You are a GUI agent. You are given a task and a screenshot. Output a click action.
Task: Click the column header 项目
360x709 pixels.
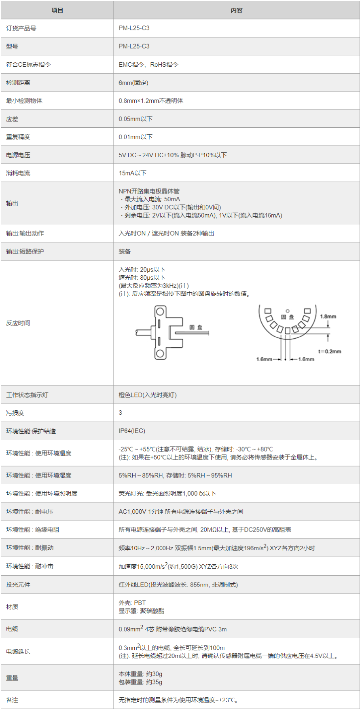coord(57,11)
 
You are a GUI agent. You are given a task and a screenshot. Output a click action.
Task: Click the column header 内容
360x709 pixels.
coord(237,11)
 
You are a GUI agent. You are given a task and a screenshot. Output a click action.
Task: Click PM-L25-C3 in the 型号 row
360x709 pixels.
coord(134,46)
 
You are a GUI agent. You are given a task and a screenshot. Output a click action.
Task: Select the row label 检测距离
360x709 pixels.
coord(18,82)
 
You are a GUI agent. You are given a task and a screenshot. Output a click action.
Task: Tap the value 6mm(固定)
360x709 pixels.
coord(133,82)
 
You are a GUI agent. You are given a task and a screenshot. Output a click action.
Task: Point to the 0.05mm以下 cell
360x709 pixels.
coord(136,119)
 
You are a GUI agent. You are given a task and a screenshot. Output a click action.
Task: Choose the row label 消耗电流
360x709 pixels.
coord(18,173)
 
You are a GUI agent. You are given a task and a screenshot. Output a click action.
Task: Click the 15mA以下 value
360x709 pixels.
coord(133,173)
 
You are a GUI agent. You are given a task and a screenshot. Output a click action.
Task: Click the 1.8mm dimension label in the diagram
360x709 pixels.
coord(328,317)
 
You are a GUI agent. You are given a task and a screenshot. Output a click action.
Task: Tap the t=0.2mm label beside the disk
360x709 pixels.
coord(330,351)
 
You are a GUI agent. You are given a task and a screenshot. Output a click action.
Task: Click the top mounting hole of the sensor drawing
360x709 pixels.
coord(160,312)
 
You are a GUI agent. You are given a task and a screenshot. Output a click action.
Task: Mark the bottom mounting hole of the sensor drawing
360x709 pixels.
coord(160,354)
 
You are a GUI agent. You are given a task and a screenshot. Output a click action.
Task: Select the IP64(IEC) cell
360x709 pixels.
coord(132,431)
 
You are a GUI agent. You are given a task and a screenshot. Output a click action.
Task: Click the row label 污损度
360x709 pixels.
coord(15,413)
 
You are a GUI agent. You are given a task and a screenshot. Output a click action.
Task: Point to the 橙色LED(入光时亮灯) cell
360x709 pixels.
coord(148,395)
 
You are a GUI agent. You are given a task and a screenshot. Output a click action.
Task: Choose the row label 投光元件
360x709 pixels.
coord(18,585)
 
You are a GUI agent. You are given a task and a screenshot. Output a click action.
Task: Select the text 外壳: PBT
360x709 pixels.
coord(132,603)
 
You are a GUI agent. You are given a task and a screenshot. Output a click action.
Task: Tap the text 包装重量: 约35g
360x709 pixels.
coord(140,682)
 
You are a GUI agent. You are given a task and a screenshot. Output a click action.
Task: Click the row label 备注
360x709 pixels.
coord(12,700)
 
